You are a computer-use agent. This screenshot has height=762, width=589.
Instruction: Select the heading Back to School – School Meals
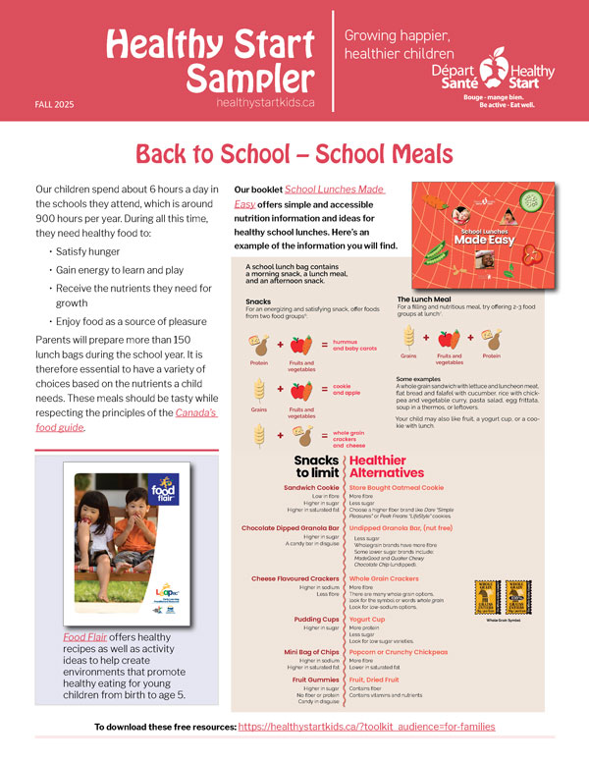(294, 154)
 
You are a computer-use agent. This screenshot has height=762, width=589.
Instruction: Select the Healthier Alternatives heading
(392, 465)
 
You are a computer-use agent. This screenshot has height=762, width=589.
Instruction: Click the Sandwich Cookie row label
(311, 487)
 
